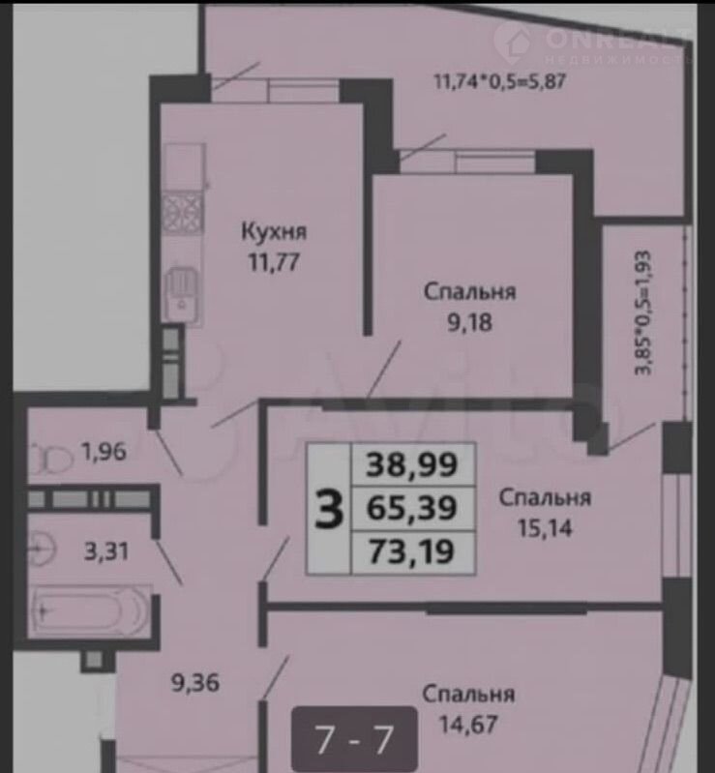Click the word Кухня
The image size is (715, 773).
[x=274, y=231]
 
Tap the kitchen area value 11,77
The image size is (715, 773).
[x=274, y=262]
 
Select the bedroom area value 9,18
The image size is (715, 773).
[x=469, y=322]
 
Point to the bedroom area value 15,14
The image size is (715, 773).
[x=545, y=528]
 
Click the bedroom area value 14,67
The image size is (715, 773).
[x=468, y=725]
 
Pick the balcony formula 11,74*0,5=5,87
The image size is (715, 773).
[x=499, y=81]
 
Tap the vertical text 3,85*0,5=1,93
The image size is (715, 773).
[x=643, y=313]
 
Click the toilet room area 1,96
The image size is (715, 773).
[x=104, y=451]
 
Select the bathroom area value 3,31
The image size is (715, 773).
[x=106, y=550]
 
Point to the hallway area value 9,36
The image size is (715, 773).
[x=195, y=683]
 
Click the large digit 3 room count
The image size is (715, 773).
[x=329, y=509]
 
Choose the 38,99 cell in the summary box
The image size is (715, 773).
[x=412, y=465]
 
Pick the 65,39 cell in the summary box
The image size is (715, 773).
[x=412, y=508]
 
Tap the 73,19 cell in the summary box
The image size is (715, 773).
[x=412, y=552]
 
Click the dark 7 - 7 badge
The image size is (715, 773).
[x=354, y=738]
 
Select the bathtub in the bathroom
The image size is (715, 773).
[x=91, y=610]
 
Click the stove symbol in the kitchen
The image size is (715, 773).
[x=183, y=213]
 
